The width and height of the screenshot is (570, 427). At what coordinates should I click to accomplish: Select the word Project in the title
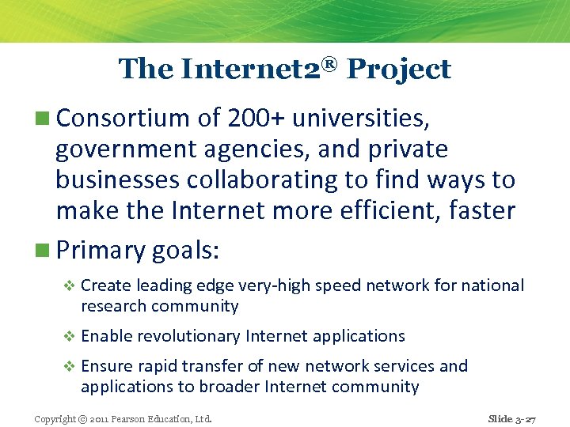tap(399, 70)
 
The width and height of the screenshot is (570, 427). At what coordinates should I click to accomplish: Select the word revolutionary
tap(188, 336)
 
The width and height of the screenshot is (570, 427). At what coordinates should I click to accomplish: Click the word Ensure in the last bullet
tap(106, 366)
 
